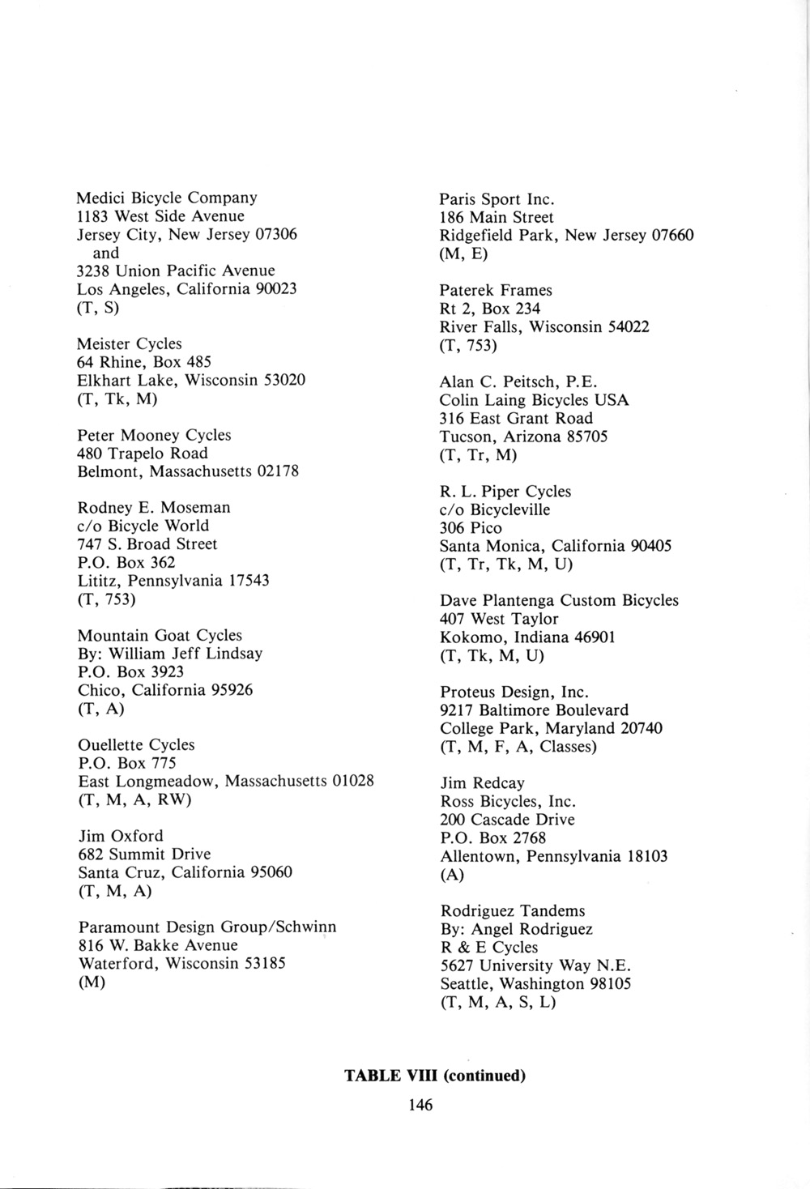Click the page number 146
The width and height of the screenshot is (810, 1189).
coord(420,1105)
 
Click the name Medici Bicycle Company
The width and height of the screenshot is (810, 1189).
coord(167,198)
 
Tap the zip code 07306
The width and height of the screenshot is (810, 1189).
coord(276,234)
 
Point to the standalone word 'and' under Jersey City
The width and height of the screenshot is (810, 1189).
coord(106,253)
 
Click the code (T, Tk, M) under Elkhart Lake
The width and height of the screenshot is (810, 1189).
coord(117,398)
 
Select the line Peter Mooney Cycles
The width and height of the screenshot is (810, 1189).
coord(154,435)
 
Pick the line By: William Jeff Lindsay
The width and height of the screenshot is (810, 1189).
coord(170,654)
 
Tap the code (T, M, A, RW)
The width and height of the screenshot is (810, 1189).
coord(134,800)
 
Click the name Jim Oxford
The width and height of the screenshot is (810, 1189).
coord(121,836)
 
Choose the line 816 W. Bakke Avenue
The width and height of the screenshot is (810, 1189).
coord(158,945)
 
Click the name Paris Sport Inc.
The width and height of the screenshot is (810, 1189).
coord(497,198)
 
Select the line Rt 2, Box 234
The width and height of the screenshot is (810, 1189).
coord(490,309)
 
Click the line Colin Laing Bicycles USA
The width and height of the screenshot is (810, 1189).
coord(535,400)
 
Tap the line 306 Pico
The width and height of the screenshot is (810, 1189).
coord(471,528)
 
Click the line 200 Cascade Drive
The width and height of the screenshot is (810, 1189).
coord(507,820)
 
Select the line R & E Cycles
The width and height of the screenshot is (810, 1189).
coord(488,948)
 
